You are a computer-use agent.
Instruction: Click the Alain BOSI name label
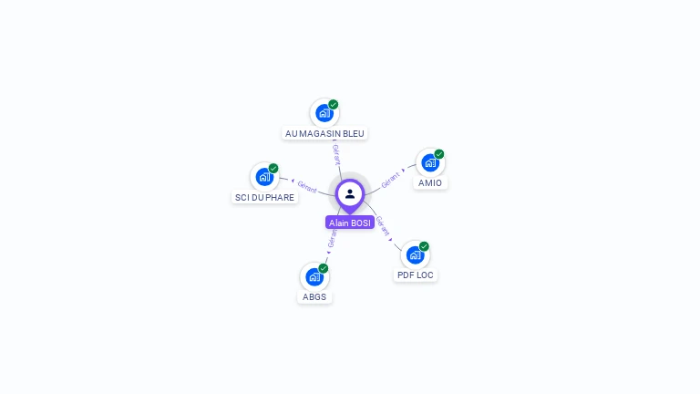point(350,223)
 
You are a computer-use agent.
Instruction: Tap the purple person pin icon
point(350,194)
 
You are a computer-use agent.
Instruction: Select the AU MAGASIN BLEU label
point(324,133)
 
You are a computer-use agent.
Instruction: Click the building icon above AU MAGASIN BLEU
point(324,113)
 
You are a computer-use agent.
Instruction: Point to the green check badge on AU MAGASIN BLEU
point(334,104)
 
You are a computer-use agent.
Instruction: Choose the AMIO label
point(430,182)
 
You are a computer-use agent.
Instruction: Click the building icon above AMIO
point(429,162)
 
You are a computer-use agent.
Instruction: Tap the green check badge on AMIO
point(439,154)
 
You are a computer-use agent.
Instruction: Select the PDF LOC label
point(416,275)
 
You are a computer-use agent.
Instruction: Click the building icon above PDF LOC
point(415,254)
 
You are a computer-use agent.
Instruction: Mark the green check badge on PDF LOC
point(425,246)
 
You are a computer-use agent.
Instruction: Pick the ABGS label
point(314,296)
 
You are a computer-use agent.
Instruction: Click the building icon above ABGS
point(314,276)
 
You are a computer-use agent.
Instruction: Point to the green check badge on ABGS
point(324,268)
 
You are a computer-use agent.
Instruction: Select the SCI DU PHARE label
point(265,197)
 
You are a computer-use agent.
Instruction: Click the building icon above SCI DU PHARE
point(264,176)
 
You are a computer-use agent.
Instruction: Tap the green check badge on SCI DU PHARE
point(273,168)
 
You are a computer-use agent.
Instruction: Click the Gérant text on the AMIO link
point(391,179)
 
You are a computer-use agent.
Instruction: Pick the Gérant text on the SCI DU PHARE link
point(307,187)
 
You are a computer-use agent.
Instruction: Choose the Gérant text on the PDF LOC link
point(383,225)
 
